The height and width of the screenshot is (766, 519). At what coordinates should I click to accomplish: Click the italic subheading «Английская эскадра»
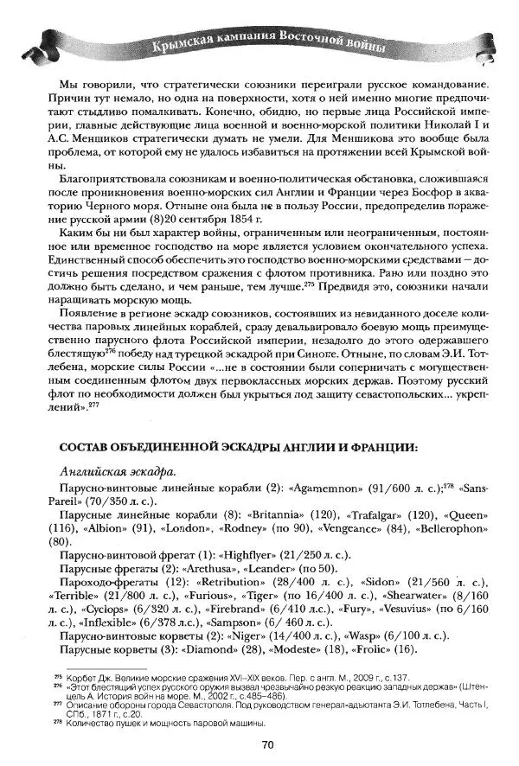click(x=114, y=472)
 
